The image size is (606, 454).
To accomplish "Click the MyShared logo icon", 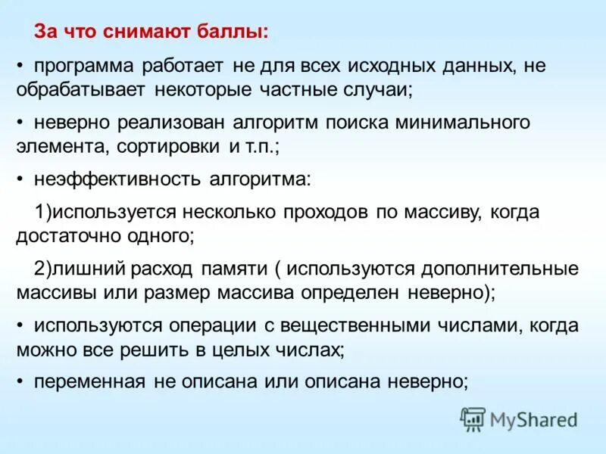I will pyautogui.click(x=473, y=418).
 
